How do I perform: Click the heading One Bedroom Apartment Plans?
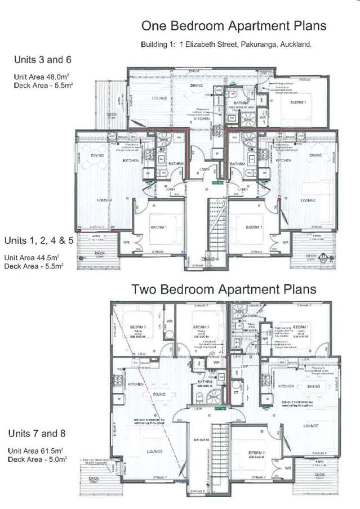pos(234,26)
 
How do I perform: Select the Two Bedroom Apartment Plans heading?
pos(224,289)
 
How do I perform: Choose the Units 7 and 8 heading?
pos(38,434)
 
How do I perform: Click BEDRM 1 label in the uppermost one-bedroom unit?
pos(297,103)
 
